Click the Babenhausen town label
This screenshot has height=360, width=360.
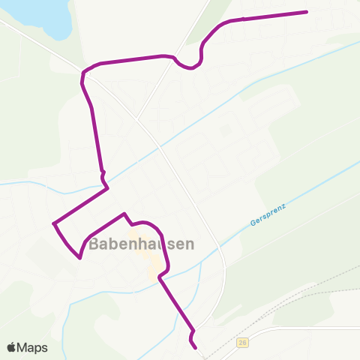[x=142, y=244]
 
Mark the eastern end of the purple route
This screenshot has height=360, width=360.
[x=307, y=12]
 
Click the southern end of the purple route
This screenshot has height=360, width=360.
[x=196, y=348]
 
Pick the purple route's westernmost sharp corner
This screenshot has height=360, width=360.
[x=54, y=223]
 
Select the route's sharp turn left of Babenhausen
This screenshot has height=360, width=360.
[x=79, y=258]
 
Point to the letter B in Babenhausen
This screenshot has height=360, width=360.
[x=94, y=244]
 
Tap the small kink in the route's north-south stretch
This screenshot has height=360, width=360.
[x=103, y=175]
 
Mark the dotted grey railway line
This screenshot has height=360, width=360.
[x=300, y=299]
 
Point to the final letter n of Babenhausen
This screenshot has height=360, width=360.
[x=189, y=244]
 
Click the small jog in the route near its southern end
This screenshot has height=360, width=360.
[x=193, y=331]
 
